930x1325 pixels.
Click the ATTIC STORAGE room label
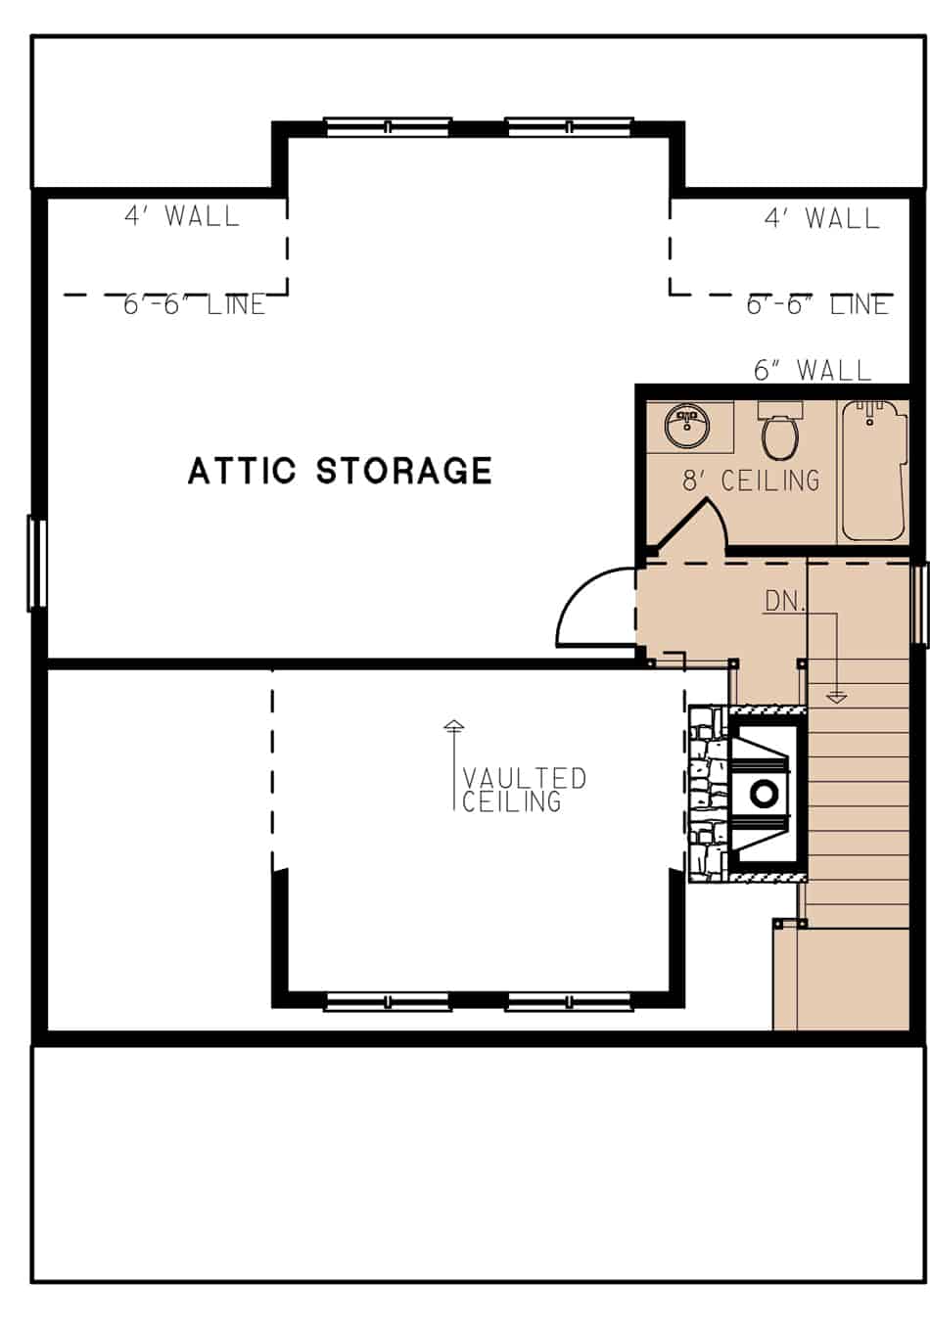(340, 471)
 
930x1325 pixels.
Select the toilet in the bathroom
(780, 436)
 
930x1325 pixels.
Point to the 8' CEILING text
(751, 480)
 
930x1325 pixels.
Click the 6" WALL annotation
(812, 370)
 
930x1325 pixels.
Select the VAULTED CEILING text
(524, 790)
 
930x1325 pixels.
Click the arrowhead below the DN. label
(836, 698)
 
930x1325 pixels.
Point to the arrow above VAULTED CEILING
(453, 727)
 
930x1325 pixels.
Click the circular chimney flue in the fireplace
(764, 793)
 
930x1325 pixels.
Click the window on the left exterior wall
(36, 563)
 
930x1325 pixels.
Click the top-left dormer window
(387, 126)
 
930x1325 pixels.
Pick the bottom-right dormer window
(569, 1000)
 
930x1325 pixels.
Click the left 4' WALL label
(182, 216)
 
